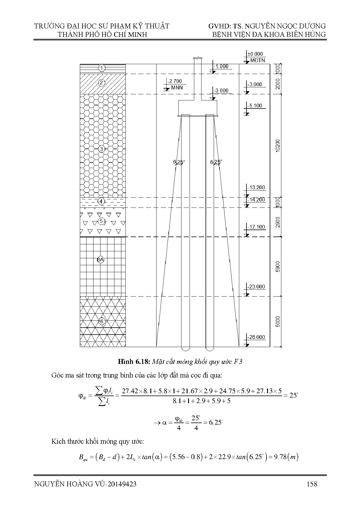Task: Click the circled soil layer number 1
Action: (102, 68)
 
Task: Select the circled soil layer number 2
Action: (102, 83)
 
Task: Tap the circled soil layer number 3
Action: (102, 149)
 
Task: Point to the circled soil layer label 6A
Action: (100, 260)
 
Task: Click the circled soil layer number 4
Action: (101, 201)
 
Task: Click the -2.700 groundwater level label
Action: (175, 82)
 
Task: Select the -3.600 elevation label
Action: (221, 91)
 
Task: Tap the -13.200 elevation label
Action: (256, 187)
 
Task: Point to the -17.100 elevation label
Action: (256, 227)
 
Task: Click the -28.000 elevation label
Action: (256, 337)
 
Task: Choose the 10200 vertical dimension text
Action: (278, 146)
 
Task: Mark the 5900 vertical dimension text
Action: (278, 267)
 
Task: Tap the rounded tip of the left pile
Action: (185, 348)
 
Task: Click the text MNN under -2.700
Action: (177, 88)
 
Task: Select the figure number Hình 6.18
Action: (134, 362)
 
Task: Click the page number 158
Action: (312, 484)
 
